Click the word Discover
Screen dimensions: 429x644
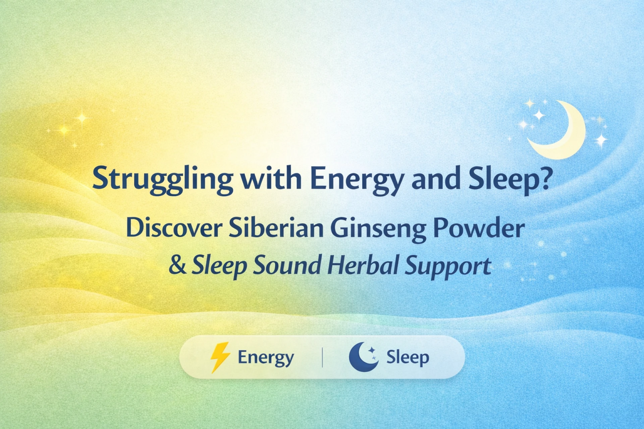point(173,228)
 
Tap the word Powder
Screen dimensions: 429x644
point(479,228)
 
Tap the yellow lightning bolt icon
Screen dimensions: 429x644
point(220,357)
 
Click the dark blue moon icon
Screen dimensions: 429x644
point(363,357)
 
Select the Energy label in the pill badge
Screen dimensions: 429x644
point(266,358)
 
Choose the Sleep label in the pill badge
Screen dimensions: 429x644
point(408,358)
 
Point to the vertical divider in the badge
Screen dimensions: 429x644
point(322,357)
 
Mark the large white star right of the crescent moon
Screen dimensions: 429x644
point(601,140)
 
